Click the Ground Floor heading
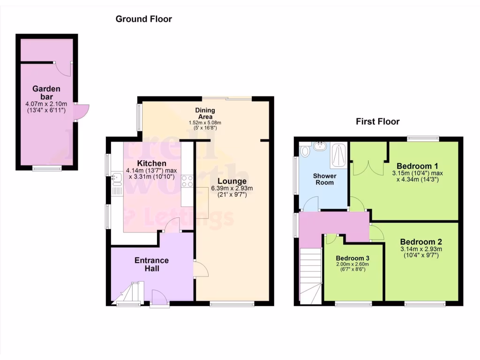[x=143, y=19]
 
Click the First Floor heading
[x=377, y=122]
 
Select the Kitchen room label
[x=138, y=163]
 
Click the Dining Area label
[x=204, y=113]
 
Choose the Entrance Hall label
[x=151, y=264]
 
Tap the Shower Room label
[x=325, y=179]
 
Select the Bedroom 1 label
[x=417, y=166]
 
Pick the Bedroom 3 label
[x=352, y=258]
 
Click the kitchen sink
[x=116, y=178]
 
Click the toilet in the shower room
[x=305, y=151]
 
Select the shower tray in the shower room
[x=339, y=155]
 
